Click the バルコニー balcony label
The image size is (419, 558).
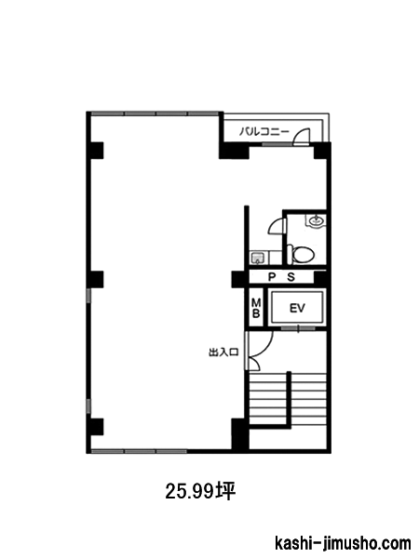tap(264, 132)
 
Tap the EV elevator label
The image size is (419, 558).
tap(297, 308)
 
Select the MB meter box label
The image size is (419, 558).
tap(256, 308)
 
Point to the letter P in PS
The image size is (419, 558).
tap(272, 277)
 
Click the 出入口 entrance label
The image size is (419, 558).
tap(223, 352)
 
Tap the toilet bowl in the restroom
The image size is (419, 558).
tap(301, 255)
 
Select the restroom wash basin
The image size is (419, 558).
tap(316, 220)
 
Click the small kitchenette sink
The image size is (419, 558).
tap(257, 258)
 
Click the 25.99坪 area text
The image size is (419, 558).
tap(200, 491)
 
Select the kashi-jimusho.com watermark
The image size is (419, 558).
tap(343, 544)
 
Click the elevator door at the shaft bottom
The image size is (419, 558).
tap(298, 328)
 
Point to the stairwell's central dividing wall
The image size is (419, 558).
tap(290, 398)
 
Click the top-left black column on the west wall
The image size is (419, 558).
tap(95, 150)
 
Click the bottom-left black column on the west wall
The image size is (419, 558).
tap(95, 427)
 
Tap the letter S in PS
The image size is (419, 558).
tap(291, 277)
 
